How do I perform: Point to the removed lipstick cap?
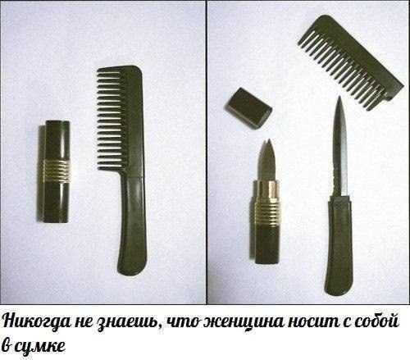pyautogui.click(x=248, y=107)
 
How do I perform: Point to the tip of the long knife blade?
pyautogui.click(x=339, y=96)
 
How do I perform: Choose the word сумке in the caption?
pyautogui.click(x=39, y=347)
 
